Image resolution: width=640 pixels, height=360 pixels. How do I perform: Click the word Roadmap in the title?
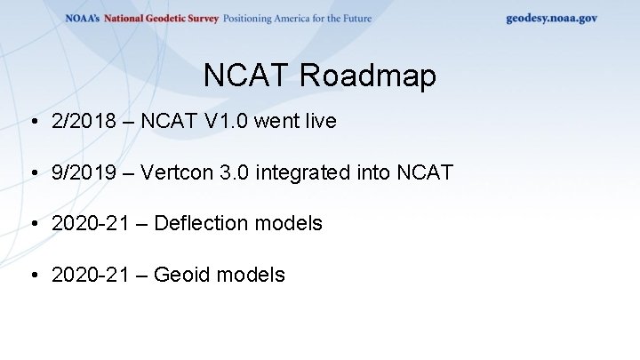click(x=367, y=76)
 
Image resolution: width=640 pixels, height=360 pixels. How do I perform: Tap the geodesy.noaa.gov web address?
click(x=551, y=18)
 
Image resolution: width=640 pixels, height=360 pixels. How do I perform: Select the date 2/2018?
click(x=84, y=121)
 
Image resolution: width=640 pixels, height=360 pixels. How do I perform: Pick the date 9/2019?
click(x=84, y=172)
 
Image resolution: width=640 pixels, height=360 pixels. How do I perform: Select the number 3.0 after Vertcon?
click(x=233, y=172)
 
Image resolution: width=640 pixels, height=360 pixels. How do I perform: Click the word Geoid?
click(x=180, y=275)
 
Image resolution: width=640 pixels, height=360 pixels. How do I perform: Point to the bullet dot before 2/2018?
click(x=33, y=122)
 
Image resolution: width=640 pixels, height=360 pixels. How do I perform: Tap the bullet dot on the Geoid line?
click(x=33, y=276)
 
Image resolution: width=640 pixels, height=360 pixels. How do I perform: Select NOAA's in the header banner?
click(x=83, y=18)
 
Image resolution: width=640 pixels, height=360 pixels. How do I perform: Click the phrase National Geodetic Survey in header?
click(x=161, y=18)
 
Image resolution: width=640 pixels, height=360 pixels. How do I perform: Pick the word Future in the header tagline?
click(x=353, y=18)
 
